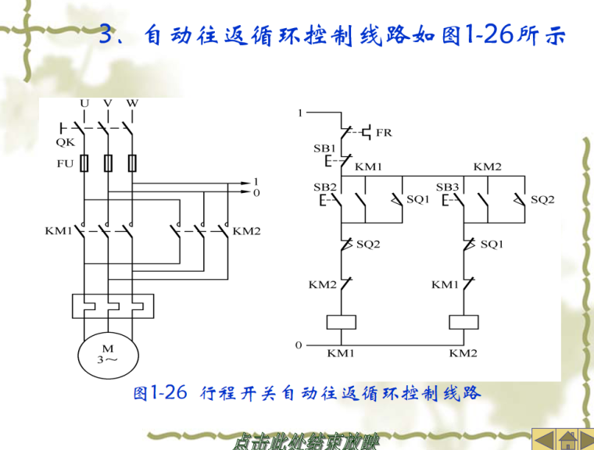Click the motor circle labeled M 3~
click(x=107, y=354)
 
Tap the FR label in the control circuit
click(x=384, y=133)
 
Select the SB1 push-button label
click(x=324, y=148)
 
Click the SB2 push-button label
click(x=324, y=187)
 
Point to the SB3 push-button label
click(x=447, y=187)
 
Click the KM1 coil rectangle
click(x=341, y=322)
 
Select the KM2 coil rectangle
click(x=463, y=322)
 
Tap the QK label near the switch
click(x=66, y=143)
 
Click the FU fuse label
click(x=65, y=164)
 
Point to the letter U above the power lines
click(x=84, y=103)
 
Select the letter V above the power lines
click(x=108, y=103)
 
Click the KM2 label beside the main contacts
click(x=247, y=231)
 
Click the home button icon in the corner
click(x=567, y=438)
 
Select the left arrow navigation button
click(x=543, y=438)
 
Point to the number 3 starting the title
click(x=109, y=35)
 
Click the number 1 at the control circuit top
click(x=299, y=114)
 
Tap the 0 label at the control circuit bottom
click(x=298, y=344)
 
